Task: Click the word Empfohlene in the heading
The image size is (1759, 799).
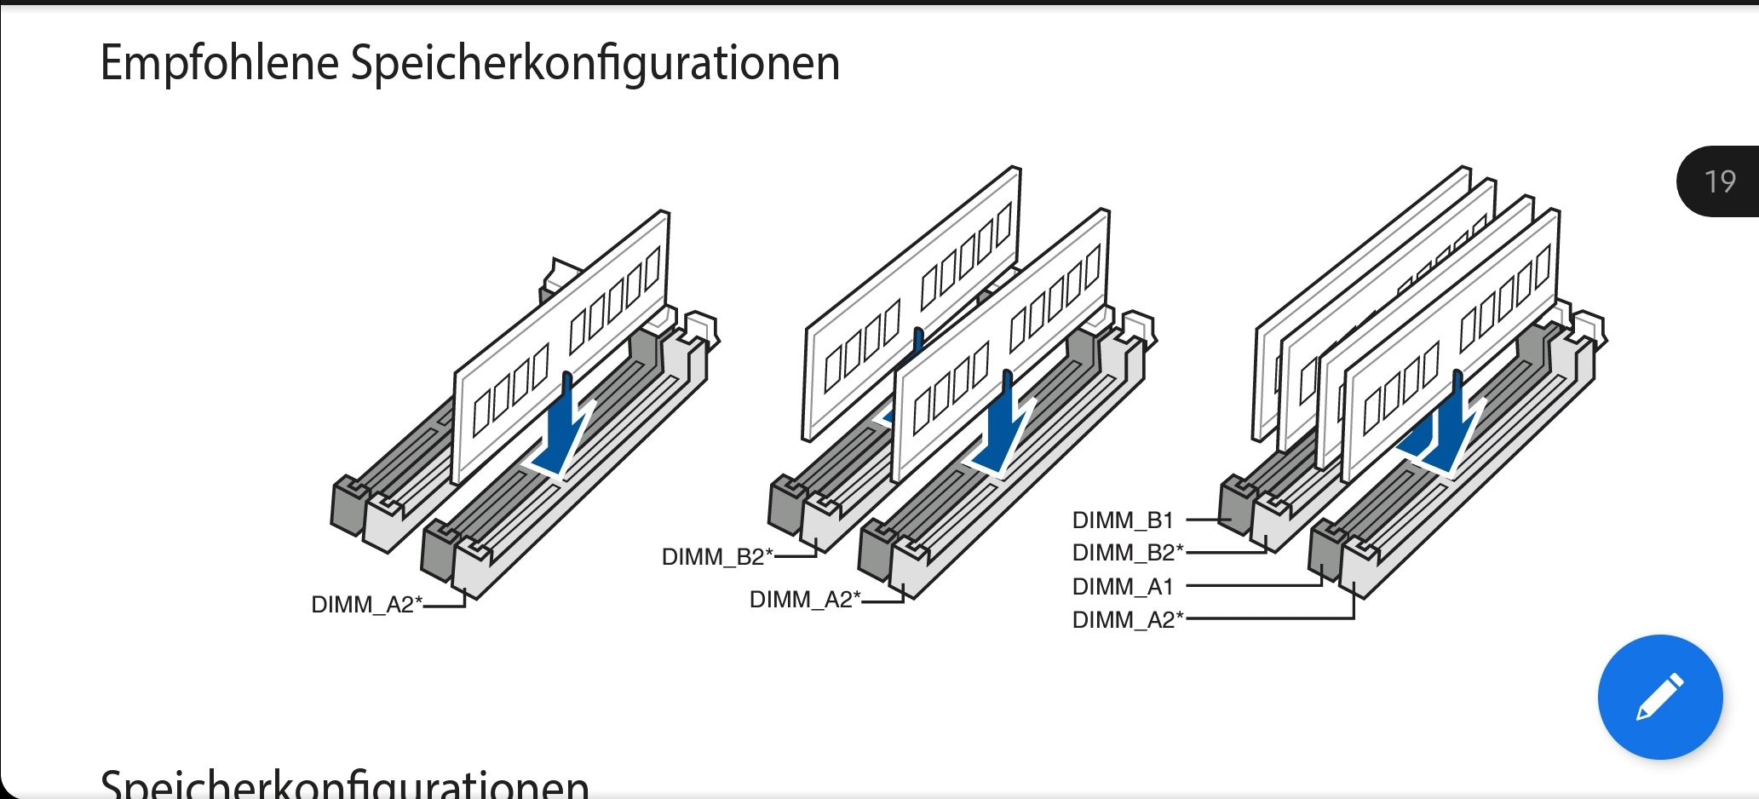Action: click(219, 63)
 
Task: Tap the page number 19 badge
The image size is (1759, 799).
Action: click(1719, 181)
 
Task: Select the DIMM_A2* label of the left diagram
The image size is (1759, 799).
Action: click(366, 605)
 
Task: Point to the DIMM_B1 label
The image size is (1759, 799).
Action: click(1123, 520)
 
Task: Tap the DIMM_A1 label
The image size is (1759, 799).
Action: click(1123, 587)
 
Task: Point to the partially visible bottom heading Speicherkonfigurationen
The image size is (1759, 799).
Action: click(345, 784)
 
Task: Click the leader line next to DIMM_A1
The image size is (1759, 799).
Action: click(1252, 586)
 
